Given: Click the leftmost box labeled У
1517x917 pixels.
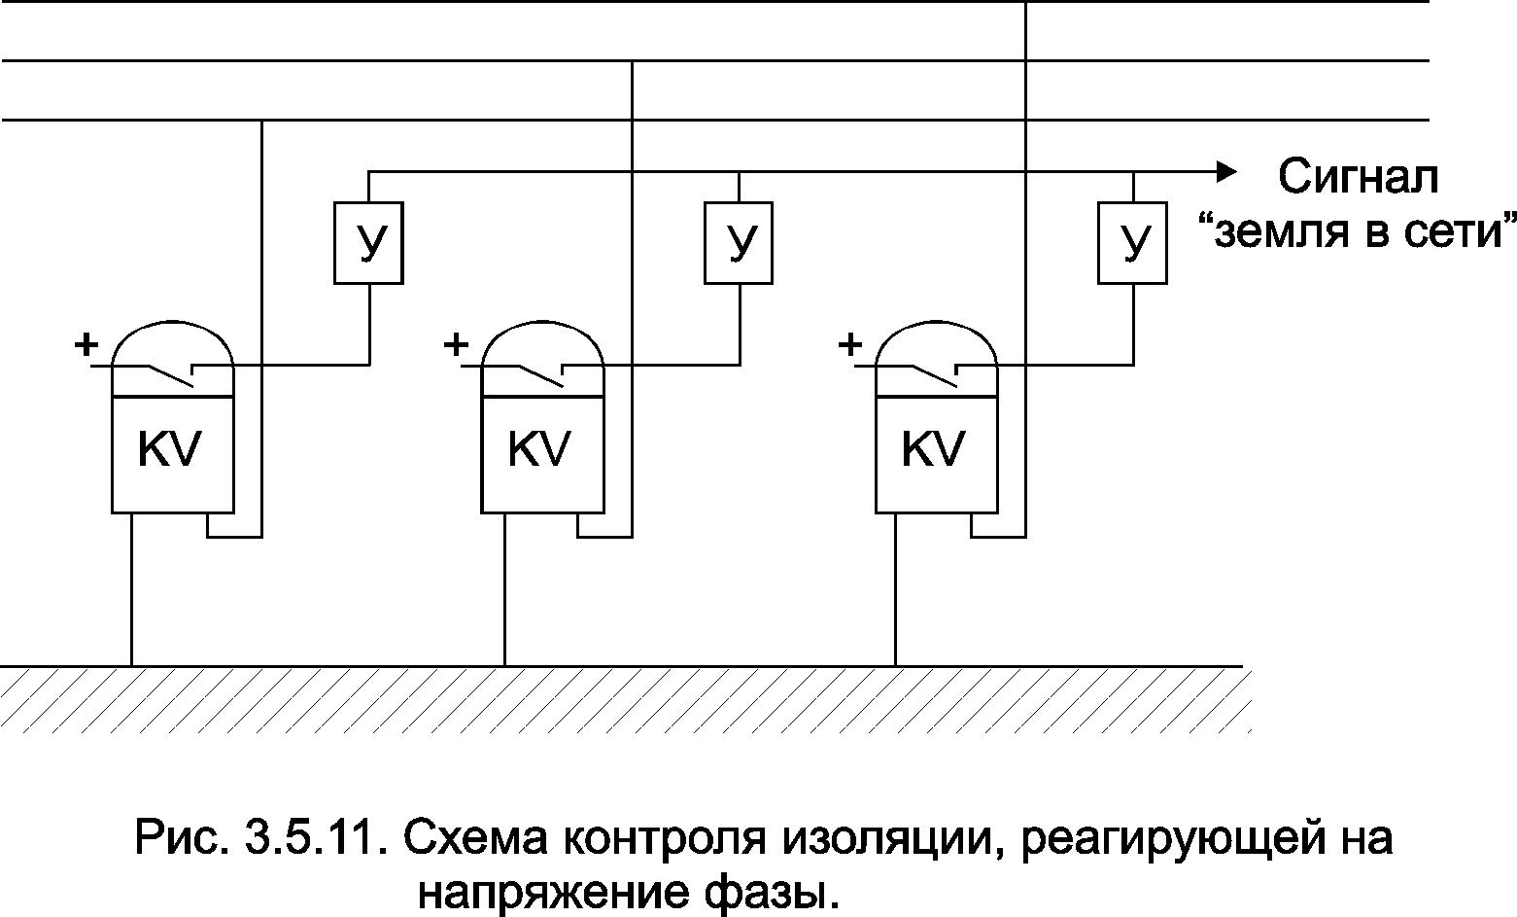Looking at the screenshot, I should click(369, 243).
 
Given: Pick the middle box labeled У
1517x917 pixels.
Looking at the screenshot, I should click(740, 243).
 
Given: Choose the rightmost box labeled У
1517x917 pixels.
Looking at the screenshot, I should click(1133, 243).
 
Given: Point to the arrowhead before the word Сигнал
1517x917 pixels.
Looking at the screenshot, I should click(1226, 172).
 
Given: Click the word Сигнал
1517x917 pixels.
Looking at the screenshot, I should click(1357, 178).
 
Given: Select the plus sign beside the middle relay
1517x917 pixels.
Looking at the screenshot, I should click(456, 343).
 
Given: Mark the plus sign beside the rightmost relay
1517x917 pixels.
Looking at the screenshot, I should click(850, 343).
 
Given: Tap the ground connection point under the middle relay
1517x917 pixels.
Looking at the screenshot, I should click(504, 665).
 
